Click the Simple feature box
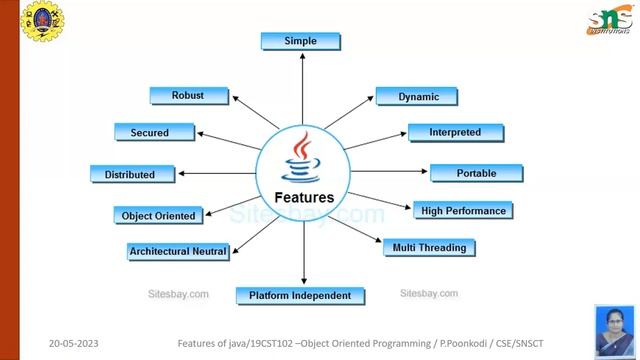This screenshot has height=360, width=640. click(x=300, y=41)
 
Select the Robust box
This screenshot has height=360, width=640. click(x=189, y=96)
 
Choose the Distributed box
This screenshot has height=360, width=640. click(x=130, y=174)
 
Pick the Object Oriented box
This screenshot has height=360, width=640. click(x=159, y=215)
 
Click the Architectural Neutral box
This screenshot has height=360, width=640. click(x=178, y=251)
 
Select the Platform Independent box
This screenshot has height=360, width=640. click(x=300, y=296)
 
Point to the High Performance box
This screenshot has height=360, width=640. click(x=465, y=211)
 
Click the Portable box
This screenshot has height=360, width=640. click(x=476, y=173)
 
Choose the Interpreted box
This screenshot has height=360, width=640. click(x=455, y=132)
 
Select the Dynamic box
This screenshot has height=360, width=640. click(x=416, y=97)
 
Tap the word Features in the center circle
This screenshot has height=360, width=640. click(x=304, y=197)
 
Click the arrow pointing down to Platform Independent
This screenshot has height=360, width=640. click(x=303, y=255)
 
